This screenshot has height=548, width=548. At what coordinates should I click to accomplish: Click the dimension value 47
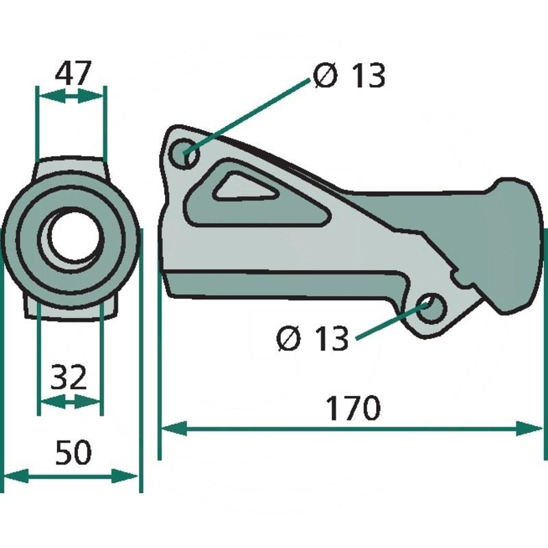click(73, 73)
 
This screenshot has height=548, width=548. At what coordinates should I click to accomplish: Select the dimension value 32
click(68, 377)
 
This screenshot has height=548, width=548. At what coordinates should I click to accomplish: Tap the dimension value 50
click(73, 453)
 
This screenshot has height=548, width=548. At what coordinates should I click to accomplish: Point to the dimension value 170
click(353, 408)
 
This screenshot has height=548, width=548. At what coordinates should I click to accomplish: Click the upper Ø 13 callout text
click(349, 75)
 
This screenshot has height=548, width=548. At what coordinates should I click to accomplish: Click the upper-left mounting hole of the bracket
click(184, 153)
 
